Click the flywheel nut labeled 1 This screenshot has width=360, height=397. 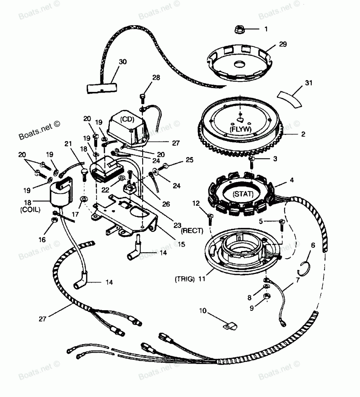coord(240,29)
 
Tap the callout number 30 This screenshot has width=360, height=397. coord(123,62)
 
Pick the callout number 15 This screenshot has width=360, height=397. coord(181,244)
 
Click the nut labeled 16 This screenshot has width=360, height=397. coord(53,220)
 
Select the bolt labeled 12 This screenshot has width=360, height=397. coord(210,217)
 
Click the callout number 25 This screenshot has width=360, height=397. coord(190,159)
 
